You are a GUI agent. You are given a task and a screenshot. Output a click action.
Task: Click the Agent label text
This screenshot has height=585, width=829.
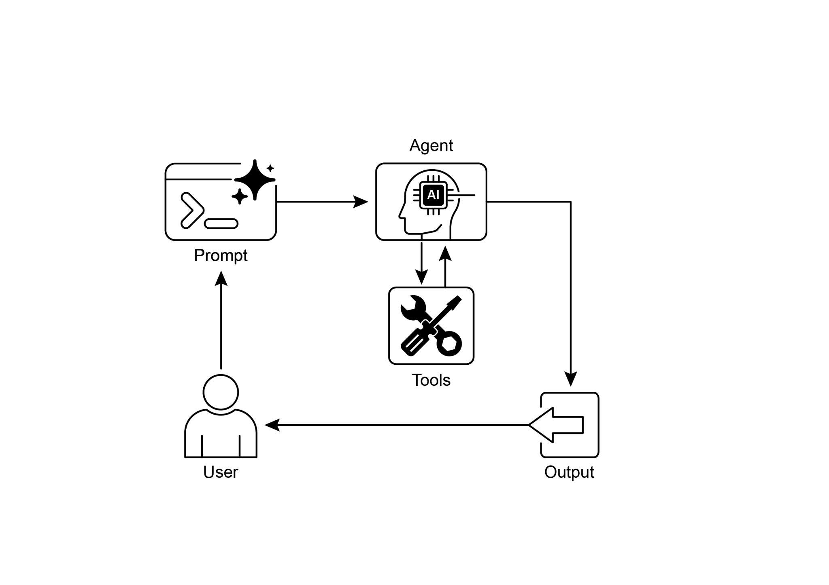tap(431, 145)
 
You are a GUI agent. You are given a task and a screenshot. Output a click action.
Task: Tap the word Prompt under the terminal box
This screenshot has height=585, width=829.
tap(221, 255)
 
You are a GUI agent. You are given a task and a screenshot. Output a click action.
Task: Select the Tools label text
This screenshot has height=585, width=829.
tap(431, 380)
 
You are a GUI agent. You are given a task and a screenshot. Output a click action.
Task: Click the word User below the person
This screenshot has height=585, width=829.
tap(221, 472)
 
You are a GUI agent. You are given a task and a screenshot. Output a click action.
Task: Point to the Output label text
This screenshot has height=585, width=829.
tap(569, 472)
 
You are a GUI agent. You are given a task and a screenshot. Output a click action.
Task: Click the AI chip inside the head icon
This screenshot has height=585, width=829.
tap(433, 195)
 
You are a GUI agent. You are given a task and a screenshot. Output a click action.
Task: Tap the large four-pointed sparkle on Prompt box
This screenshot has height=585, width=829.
tap(255, 179)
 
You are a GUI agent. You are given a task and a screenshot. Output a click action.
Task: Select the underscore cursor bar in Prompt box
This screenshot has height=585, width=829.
tap(221, 223)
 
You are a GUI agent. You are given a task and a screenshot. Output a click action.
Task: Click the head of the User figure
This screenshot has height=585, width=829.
tap(221, 392)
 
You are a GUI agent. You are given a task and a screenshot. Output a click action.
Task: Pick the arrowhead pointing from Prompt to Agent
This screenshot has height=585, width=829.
tap(360, 201)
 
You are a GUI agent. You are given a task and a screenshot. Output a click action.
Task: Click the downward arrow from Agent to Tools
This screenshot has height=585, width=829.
tap(421, 277)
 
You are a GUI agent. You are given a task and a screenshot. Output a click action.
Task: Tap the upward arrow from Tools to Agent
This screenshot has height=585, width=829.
tap(445, 254)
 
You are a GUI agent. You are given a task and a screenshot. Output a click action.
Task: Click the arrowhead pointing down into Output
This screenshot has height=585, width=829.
tap(570, 379)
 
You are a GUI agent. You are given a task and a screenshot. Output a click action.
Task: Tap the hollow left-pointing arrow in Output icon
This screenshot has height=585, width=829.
tap(557, 425)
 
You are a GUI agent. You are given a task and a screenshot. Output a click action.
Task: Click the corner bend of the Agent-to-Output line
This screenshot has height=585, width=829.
tap(570, 202)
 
